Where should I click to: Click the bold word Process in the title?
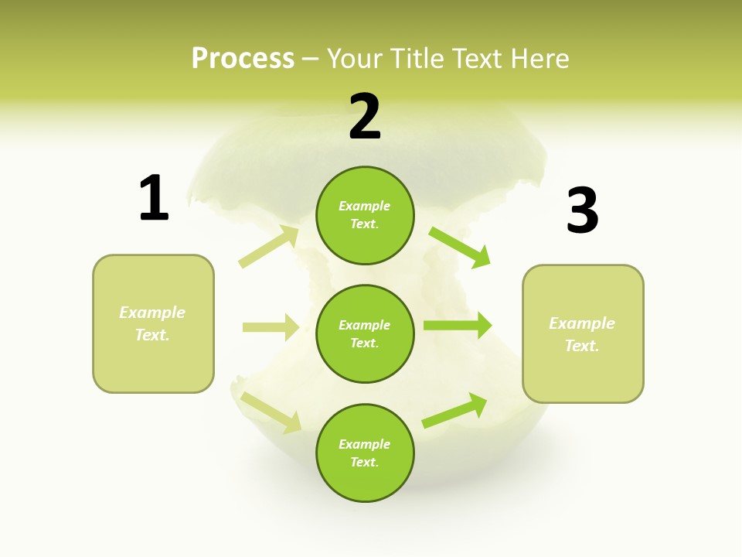[x=243, y=59]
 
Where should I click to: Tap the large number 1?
[x=154, y=198]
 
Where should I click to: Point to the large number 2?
[x=365, y=117]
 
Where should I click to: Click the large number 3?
[x=582, y=210]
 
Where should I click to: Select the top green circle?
[x=365, y=215]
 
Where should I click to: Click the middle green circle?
[x=365, y=333]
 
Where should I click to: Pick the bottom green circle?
[x=365, y=453]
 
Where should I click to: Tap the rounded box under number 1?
[x=153, y=323]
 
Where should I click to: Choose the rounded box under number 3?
[x=583, y=333]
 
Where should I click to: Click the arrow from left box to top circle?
[x=269, y=247]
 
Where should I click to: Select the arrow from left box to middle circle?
[x=271, y=327]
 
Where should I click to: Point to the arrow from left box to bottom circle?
[x=271, y=412]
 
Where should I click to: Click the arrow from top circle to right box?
[x=460, y=247]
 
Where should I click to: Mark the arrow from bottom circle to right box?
[x=454, y=410]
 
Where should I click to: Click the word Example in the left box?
[x=152, y=313]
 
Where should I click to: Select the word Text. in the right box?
[x=582, y=346]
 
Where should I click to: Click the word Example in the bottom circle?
[x=365, y=444]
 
